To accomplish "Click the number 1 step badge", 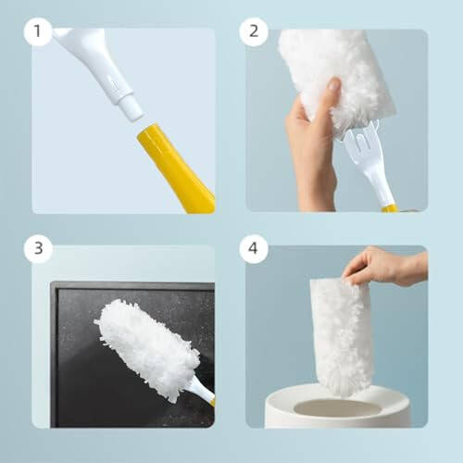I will [x=38, y=32].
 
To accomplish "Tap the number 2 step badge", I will [x=253, y=32].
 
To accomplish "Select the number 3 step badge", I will [x=38, y=249].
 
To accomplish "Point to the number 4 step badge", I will [x=253, y=249].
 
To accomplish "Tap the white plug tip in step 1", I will [x=131, y=109].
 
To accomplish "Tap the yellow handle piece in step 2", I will [x=390, y=208].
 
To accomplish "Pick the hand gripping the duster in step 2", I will [x=310, y=139].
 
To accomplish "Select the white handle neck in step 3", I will [x=200, y=390].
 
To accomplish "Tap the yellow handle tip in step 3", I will [x=212, y=402].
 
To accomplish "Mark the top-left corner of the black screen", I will [x=52, y=283].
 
